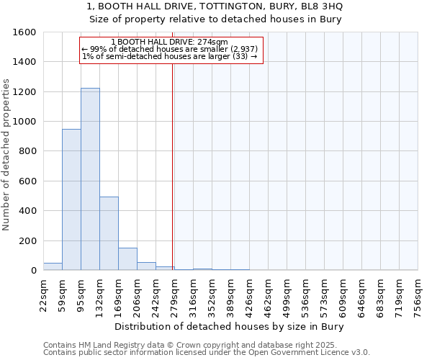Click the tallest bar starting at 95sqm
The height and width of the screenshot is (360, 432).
[x=90, y=180]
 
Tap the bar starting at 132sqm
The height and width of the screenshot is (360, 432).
[x=109, y=234]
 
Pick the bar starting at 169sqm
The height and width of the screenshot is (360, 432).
[x=127, y=259]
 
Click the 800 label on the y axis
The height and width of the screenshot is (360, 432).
[x=27, y=151]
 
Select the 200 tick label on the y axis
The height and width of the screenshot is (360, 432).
[x=27, y=240]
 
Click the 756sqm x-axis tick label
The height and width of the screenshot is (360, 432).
[x=418, y=295]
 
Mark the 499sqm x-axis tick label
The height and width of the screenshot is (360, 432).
[x=287, y=295]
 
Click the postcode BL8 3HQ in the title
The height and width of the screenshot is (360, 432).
[x=322, y=6]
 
